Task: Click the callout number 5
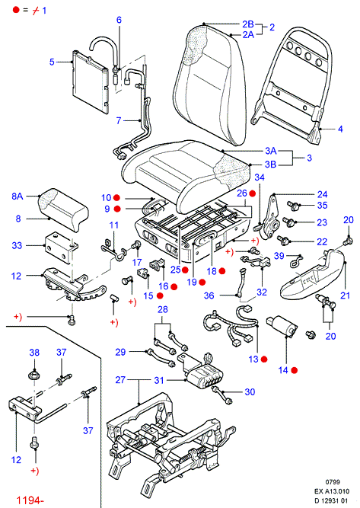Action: pos(52,62)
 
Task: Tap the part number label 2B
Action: pos(248,24)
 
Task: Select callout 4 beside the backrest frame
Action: pos(340,129)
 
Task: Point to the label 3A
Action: pos(271,151)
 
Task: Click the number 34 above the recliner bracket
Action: pos(260,177)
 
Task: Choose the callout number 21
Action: pos(345,296)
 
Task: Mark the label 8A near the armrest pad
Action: pos(18,196)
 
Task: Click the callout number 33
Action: pos(17,245)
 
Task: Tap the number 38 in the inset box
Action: pos(34,352)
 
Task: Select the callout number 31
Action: pos(159,380)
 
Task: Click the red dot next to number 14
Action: pos(295,370)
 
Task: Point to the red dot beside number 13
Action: pos(264,359)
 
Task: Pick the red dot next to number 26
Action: pos(253,193)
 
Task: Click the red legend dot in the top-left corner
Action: pos(16,10)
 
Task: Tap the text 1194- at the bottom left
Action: pos(30,500)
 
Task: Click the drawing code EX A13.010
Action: pos(332,491)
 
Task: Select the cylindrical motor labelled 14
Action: pos(282,326)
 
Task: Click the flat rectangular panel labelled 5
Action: pos(90,82)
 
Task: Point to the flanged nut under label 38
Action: pos(33,375)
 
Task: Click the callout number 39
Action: pos(279,256)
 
